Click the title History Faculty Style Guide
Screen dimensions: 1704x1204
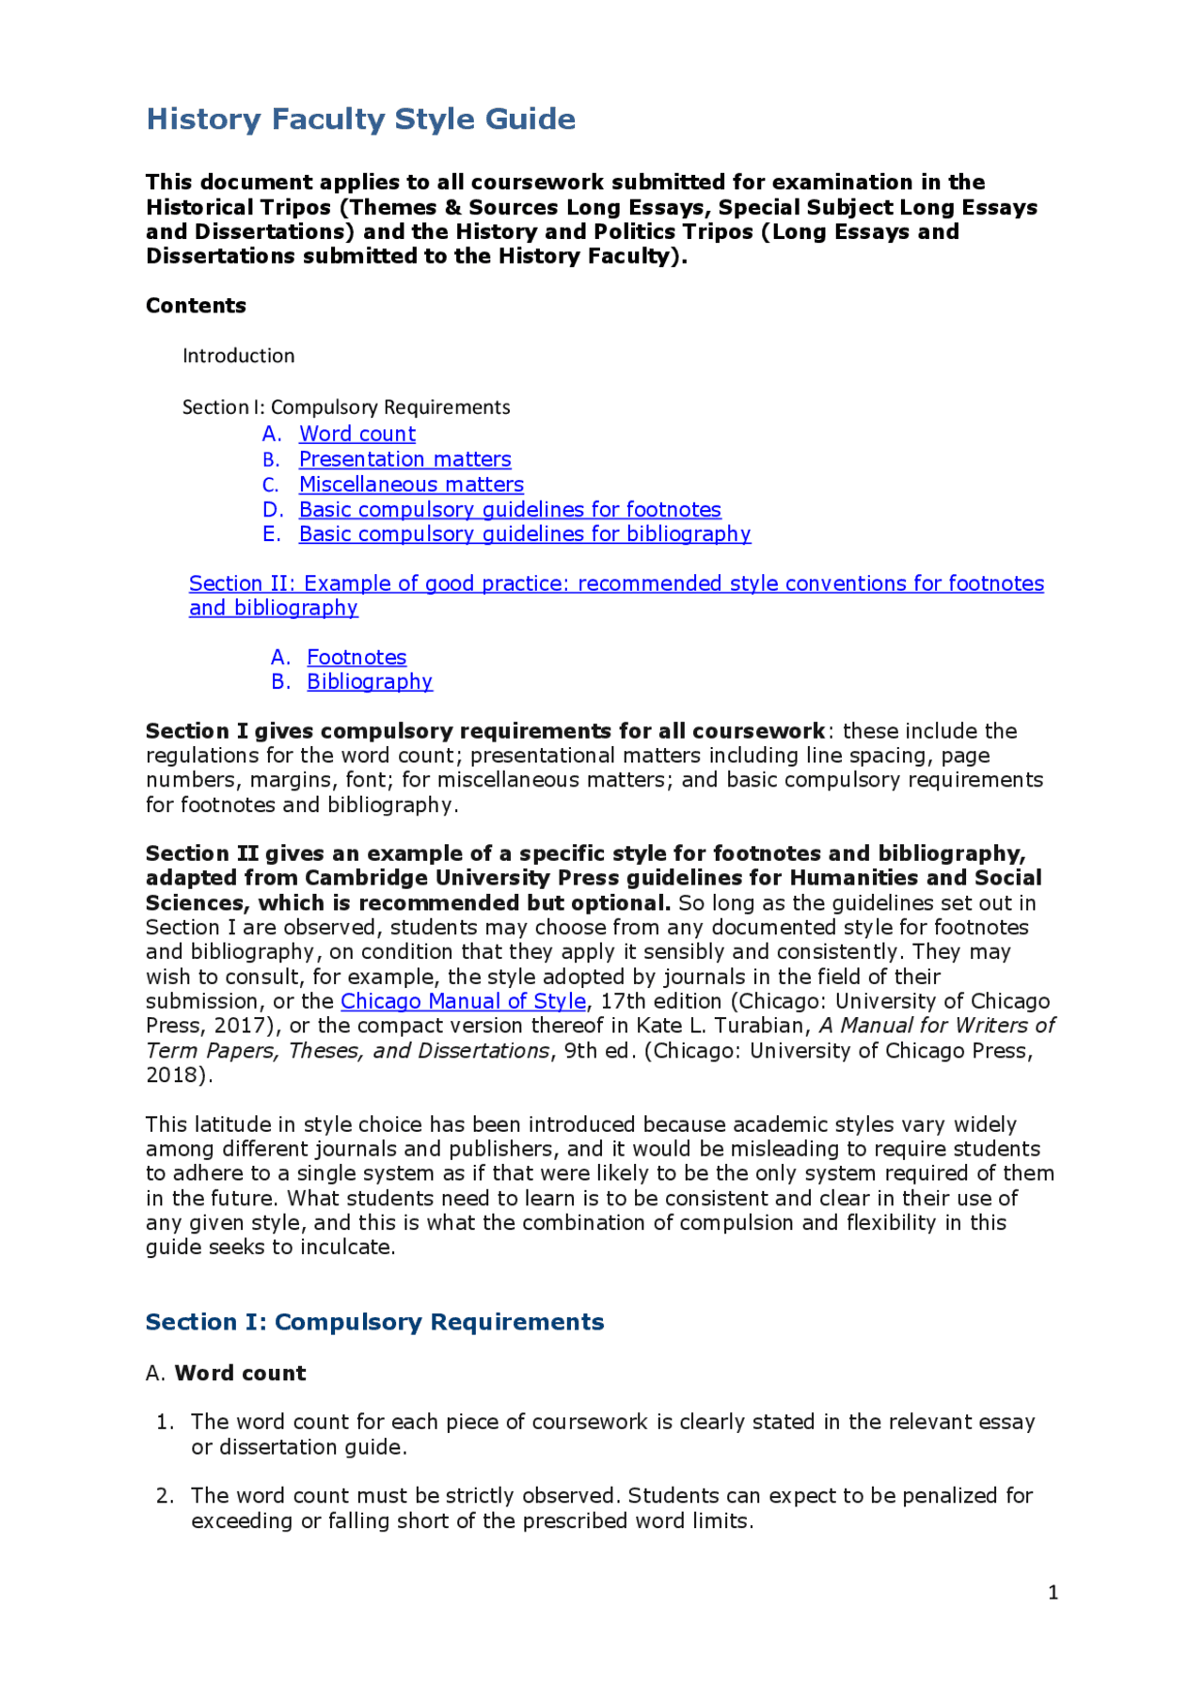pyautogui.click(x=360, y=119)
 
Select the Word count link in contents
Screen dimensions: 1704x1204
pyautogui.click(x=356, y=434)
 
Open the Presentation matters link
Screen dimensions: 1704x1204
pyautogui.click(x=404, y=459)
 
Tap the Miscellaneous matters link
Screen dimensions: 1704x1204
pyautogui.click(x=411, y=485)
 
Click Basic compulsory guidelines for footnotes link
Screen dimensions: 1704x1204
pyautogui.click(x=510, y=509)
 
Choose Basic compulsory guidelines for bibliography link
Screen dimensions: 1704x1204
pyautogui.click(x=524, y=534)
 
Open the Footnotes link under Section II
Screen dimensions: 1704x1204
pyautogui.click(x=356, y=657)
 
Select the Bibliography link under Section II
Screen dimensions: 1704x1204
pyautogui.click(x=370, y=681)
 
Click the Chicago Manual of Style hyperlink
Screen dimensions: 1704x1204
pyautogui.click(x=463, y=1001)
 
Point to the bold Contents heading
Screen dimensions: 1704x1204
pyautogui.click(x=196, y=306)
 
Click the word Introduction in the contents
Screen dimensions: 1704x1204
pyautogui.click(x=238, y=356)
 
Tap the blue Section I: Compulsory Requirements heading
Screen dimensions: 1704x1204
pyautogui.click(x=374, y=1322)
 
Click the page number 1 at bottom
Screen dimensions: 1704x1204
pyautogui.click(x=1053, y=1592)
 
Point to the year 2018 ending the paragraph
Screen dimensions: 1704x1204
pyautogui.click(x=175, y=1075)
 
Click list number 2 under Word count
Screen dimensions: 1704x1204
pyautogui.click(x=165, y=1496)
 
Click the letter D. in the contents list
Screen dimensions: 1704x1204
pyautogui.click(x=273, y=509)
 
